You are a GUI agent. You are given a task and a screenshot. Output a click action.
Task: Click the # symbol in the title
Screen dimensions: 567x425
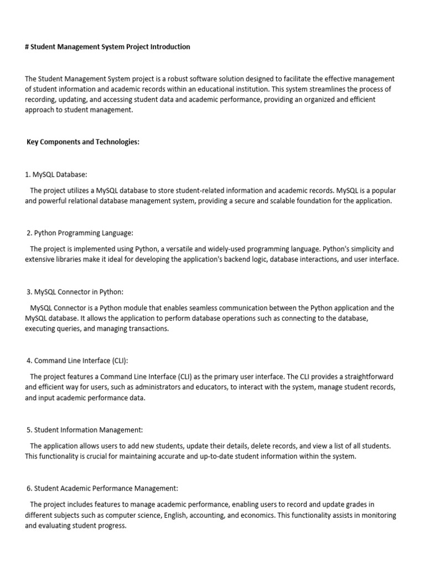[x=27, y=47]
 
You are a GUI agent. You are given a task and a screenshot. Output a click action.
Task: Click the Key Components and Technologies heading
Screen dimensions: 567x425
[x=83, y=142]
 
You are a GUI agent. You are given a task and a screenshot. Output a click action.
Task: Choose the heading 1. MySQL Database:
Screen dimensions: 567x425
[x=56, y=174]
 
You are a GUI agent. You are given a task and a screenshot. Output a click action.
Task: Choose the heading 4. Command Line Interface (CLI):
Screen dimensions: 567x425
[x=77, y=361]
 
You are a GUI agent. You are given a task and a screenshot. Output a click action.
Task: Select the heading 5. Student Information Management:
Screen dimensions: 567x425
[x=85, y=430]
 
